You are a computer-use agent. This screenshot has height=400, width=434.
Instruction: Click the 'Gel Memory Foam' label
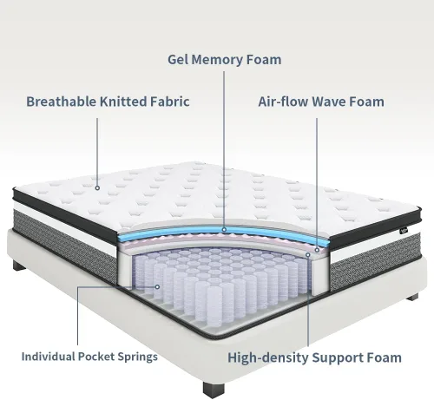pyautogui.click(x=225, y=60)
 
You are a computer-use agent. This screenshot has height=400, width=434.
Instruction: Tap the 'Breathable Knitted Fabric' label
pyautogui.click(x=108, y=102)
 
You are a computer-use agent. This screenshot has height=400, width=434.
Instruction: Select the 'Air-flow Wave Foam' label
pyautogui.click(x=321, y=102)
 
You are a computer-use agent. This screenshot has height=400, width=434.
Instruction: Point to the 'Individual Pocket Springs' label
pyautogui.click(x=89, y=357)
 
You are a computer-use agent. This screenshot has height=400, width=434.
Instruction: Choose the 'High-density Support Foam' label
pyautogui.click(x=314, y=357)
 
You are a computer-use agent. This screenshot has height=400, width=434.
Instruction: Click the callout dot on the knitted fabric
pyautogui.click(x=97, y=188)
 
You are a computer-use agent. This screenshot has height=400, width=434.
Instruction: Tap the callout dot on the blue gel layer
pyautogui.click(x=224, y=230)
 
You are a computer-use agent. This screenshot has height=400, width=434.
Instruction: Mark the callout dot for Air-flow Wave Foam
pyautogui.click(x=317, y=250)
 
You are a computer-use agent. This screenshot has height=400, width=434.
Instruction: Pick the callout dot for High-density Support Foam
pyautogui.click(x=308, y=255)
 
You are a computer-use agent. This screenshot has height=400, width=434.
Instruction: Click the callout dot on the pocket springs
pyautogui.click(x=157, y=287)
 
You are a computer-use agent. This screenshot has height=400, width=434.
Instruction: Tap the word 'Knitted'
pyautogui.click(x=123, y=102)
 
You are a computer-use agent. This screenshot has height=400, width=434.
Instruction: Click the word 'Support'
pyautogui.click(x=339, y=358)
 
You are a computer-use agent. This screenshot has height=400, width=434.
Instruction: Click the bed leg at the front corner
pyautogui.click(x=214, y=390)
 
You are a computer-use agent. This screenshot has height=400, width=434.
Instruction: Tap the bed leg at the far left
pyautogui.click(x=19, y=266)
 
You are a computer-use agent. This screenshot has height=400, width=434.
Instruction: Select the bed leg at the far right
pyautogui.click(x=412, y=297)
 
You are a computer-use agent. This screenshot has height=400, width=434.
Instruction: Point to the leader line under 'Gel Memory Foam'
pyautogui.click(x=224, y=149)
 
